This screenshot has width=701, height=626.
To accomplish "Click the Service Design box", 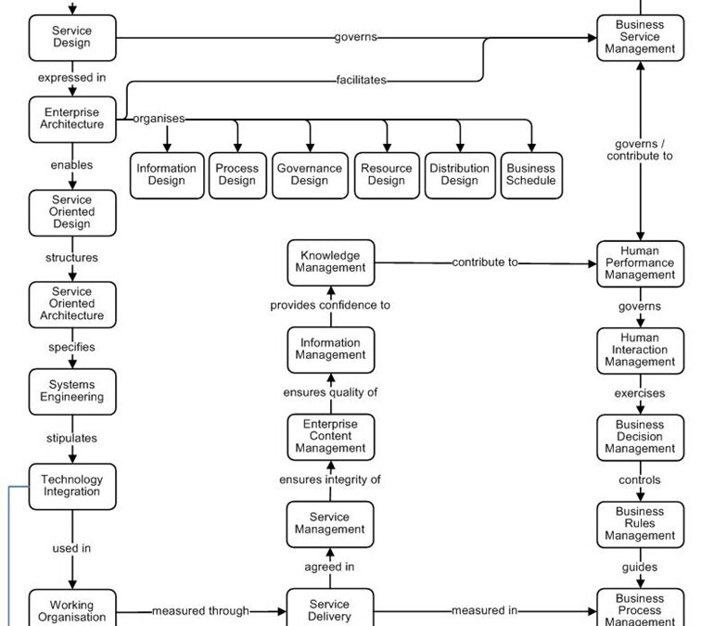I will tap(72, 37).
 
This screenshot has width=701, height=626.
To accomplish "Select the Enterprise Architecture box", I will tap(72, 119).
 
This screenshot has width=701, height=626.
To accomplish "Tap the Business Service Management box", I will tap(640, 37).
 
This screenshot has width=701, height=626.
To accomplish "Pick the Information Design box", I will tap(167, 174).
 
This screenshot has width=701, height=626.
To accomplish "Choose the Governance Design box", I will tap(310, 174).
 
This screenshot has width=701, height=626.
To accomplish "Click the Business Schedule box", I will tap(531, 174).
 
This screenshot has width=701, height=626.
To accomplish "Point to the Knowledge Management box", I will tap(331, 262).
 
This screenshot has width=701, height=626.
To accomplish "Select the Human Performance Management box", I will tap(640, 262).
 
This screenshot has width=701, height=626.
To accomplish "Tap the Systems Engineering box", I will tap(72, 390).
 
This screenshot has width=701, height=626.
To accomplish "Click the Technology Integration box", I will tap(72, 486).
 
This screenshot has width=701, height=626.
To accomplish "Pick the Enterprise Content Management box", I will tap(331, 436).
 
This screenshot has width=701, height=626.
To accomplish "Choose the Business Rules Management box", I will tap(640, 523).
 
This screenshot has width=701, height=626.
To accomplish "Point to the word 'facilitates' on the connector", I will tap(361, 81).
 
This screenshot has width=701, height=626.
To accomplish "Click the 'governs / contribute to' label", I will tap(640, 150).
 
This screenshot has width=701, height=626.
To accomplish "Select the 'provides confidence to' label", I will tap(330, 305).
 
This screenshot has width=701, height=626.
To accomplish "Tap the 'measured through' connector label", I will tap(200, 611).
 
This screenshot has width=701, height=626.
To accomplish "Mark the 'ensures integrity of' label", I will tap(330, 479).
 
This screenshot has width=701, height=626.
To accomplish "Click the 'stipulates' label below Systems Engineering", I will tap(71, 438).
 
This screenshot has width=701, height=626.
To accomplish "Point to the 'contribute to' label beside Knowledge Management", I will tap(485, 262).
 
